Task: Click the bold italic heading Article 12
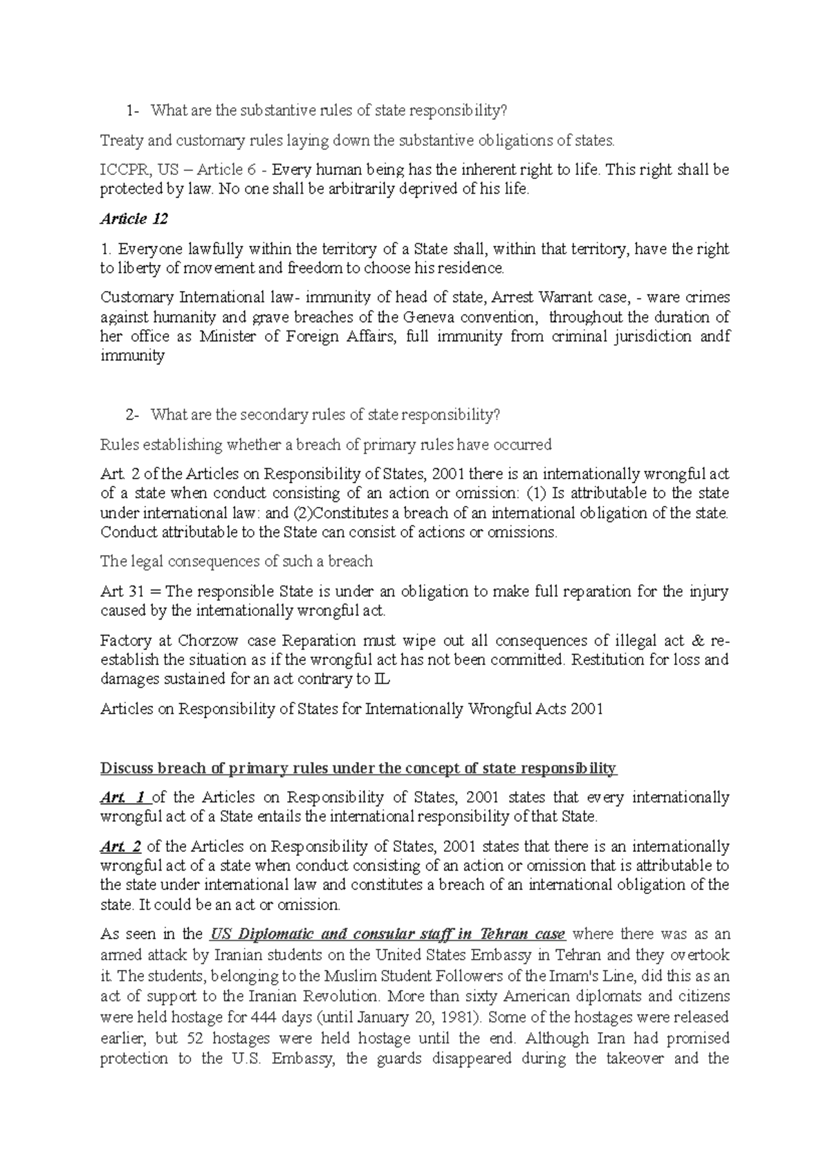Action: coord(133,219)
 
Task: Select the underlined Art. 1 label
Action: coord(122,797)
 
